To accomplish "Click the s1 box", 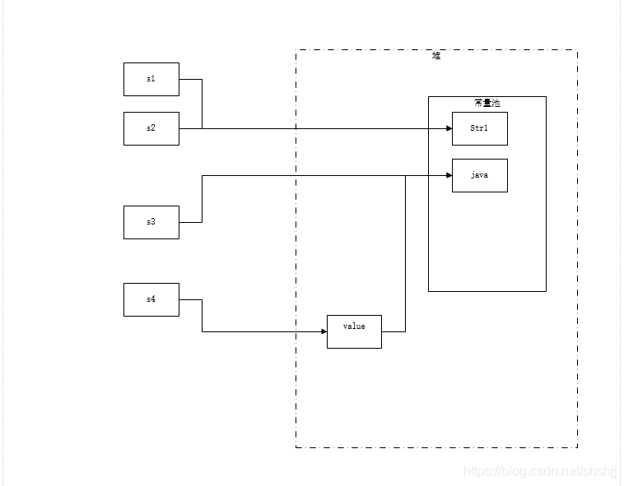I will click(x=151, y=79).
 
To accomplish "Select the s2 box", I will click(x=151, y=128).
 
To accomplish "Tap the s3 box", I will click(x=151, y=222).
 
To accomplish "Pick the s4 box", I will click(x=151, y=299).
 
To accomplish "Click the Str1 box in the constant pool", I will click(x=479, y=128).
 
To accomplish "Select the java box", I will click(x=479, y=175).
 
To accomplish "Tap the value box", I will click(x=354, y=331).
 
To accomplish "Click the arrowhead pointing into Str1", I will click(x=449, y=128).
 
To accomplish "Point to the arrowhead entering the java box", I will click(x=449, y=175).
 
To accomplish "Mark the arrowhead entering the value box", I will click(x=324, y=331).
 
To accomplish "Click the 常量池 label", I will click(x=487, y=103).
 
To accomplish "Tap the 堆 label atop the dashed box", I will click(x=436, y=56).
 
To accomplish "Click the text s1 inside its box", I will click(x=151, y=79).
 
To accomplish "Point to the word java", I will click(x=479, y=175).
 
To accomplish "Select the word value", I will click(x=354, y=326).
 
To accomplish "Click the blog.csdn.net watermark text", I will click(x=539, y=471).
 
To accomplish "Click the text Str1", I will click(x=479, y=128).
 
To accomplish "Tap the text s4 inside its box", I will click(x=151, y=299).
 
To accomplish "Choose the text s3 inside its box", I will click(x=151, y=222).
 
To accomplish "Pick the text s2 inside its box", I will click(x=151, y=128).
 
